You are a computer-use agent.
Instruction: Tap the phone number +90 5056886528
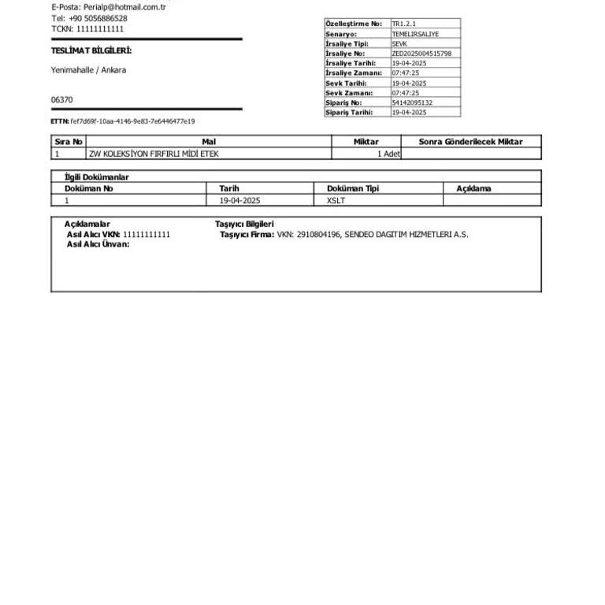tap(98, 18)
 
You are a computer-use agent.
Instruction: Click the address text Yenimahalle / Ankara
tap(88, 70)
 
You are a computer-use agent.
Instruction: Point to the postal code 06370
tap(62, 100)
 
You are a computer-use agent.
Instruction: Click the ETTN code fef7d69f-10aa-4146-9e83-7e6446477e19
tap(132, 121)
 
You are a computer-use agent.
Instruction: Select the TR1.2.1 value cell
tap(404, 24)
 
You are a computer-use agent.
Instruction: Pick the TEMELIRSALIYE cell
tap(415, 35)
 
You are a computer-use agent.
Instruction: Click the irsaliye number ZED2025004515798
tap(421, 54)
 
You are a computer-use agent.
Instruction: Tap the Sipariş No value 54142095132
tap(412, 102)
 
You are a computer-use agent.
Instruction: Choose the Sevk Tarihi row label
tap(346, 83)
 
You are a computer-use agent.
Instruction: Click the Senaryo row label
tap(341, 35)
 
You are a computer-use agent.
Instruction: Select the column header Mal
tap(209, 142)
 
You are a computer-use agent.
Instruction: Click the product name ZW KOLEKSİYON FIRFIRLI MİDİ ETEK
tap(154, 154)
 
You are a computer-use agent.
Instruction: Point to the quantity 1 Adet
tap(388, 154)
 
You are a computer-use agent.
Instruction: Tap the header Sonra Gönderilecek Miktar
tap(470, 142)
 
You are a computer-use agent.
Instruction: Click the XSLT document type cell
tap(336, 200)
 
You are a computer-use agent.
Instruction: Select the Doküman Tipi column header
tap(353, 189)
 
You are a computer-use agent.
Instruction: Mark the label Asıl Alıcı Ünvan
tap(98, 244)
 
